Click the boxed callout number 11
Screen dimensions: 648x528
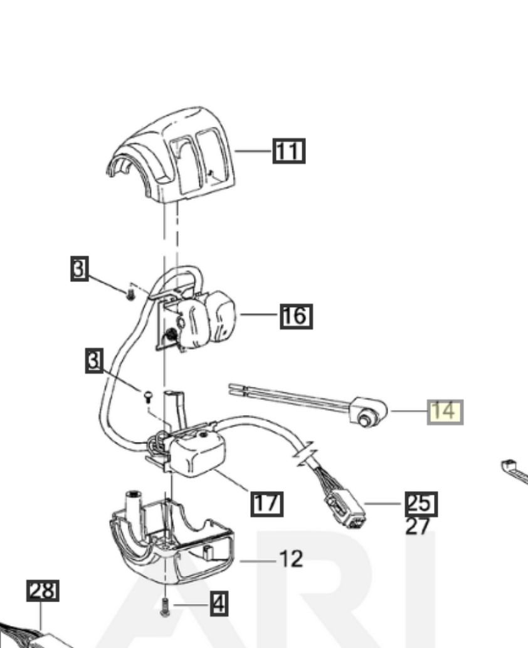point(288,151)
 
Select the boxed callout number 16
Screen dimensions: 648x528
point(296,315)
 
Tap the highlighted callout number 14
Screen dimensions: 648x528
point(445,411)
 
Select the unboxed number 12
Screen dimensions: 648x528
point(291,558)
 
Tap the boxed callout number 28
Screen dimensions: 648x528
point(43,591)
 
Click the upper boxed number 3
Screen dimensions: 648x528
point(78,269)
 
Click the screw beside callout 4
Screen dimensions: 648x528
point(166,607)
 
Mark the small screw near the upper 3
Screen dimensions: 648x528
point(130,293)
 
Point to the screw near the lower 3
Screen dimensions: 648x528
point(148,396)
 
